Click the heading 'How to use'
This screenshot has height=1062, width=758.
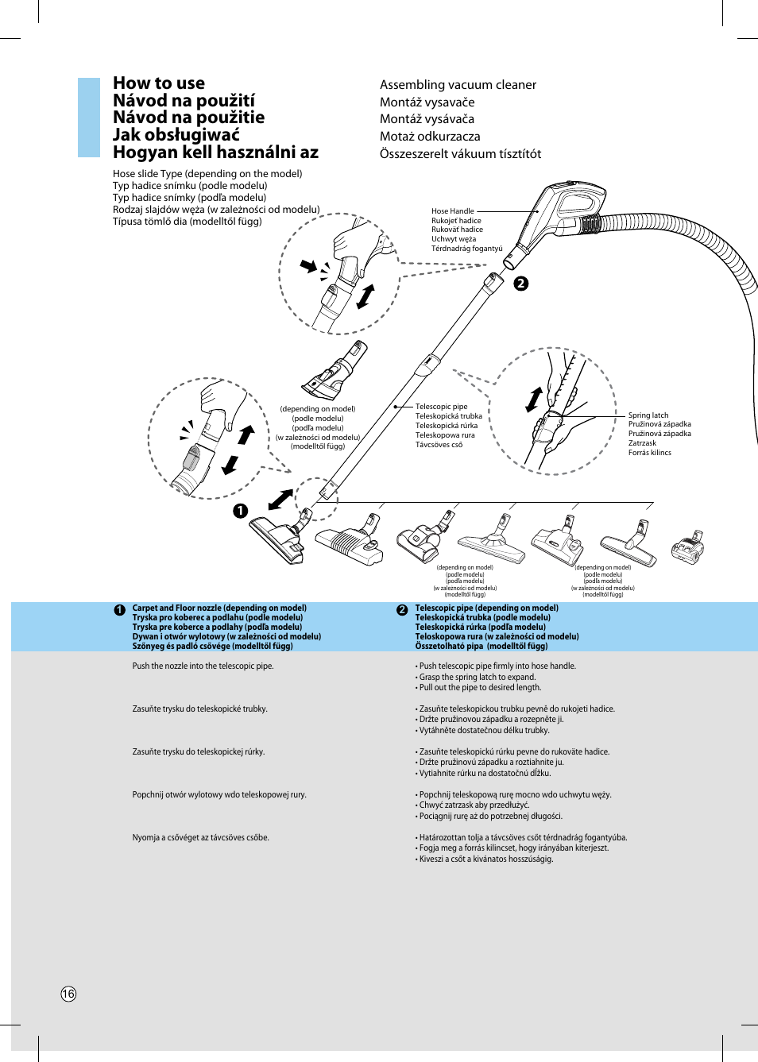pos(159,83)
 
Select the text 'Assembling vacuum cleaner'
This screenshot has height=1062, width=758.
pos(458,85)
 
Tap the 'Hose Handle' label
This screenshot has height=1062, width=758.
pos(453,211)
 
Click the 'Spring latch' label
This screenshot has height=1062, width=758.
pos(648,415)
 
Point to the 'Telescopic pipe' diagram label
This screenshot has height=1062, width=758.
pos(441,407)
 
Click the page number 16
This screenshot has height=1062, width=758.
pos(69,994)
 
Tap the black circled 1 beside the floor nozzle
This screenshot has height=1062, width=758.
pos(240,511)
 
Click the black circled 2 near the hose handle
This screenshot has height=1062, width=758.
pos(521,284)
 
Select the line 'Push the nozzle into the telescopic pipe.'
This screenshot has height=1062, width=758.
pos(203,666)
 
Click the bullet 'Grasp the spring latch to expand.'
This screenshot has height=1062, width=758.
pos(477,678)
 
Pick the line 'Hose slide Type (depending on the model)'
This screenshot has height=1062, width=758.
pos(207,174)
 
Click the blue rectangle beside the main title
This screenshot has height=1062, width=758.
pos(89,118)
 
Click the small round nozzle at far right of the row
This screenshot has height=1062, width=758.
pos(688,547)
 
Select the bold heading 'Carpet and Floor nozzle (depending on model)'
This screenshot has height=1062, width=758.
pos(219,608)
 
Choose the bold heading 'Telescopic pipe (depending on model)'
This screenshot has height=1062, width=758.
pos(486,608)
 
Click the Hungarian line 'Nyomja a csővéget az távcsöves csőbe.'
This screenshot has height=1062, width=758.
pos(201,838)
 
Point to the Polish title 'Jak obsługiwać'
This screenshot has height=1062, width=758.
pos(176,135)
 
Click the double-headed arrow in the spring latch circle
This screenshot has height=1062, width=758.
pos(534,400)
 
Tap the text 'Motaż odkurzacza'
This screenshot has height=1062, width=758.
pos(430,137)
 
